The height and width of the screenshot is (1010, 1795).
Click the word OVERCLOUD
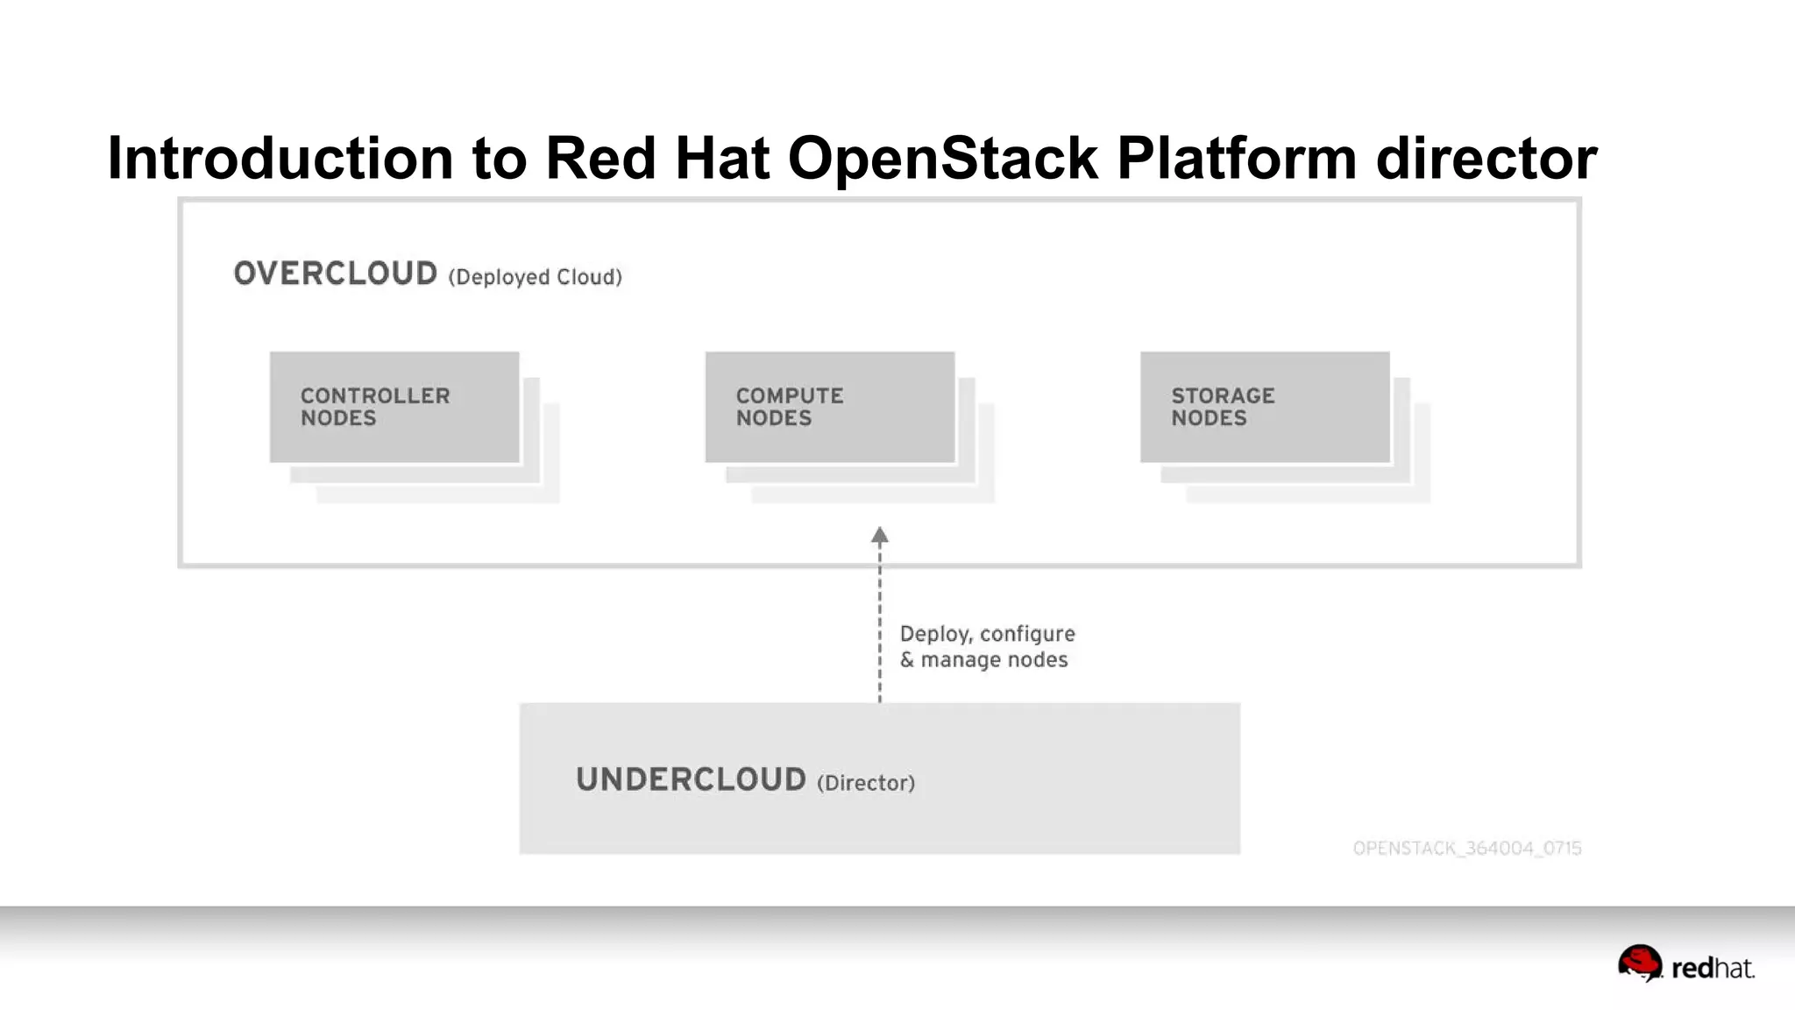[x=335, y=274]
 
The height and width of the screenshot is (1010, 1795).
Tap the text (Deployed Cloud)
[x=535, y=277]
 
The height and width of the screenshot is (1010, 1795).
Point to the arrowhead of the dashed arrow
[x=880, y=535]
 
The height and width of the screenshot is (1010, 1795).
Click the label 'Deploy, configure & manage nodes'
[x=986, y=646]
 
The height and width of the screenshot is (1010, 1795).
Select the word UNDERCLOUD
[x=691, y=779]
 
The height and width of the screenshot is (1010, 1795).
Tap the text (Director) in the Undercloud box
[x=865, y=783]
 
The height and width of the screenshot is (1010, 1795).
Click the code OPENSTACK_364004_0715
[x=1466, y=848]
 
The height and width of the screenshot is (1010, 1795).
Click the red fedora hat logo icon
[x=1639, y=963]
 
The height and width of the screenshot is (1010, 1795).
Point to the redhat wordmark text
[x=1712, y=968]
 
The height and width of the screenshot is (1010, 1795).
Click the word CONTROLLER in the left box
[x=375, y=395]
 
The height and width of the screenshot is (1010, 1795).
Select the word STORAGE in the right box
[x=1223, y=395]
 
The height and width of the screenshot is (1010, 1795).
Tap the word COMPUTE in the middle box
[x=789, y=395]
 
